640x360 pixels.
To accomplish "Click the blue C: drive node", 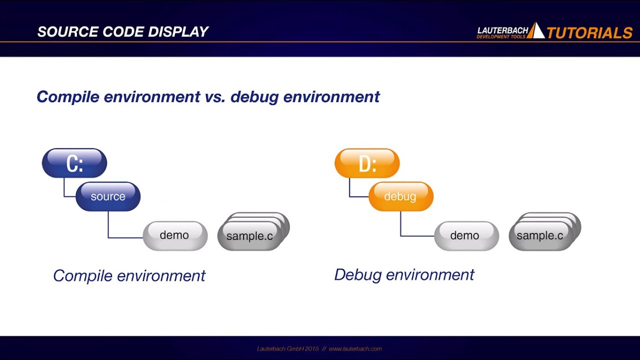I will (x=74, y=163).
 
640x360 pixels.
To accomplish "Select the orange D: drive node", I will (x=367, y=163).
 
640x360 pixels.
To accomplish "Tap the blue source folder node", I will (x=108, y=196).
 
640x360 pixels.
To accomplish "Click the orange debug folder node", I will (x=400, y=196).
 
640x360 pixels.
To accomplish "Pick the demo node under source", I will (x=174, y=235).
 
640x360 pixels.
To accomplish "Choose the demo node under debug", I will (x=466, y=235).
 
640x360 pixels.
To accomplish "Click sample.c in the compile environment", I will (x=249, y=236).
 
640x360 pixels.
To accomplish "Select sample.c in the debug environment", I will (x=540, y=236).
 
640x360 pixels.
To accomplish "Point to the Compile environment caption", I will (x=129, y=275).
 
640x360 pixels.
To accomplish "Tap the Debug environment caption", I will (x=404, y=274).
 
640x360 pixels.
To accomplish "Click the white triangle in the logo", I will (x=536, y=31).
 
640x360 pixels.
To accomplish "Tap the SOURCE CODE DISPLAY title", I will (x=122, y=32).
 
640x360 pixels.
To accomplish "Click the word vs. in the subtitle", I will (x=215, y=96).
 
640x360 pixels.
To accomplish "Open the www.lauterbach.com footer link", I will (x=355, y=348).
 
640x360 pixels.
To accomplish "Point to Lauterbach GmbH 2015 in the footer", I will (x=287, y=348).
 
